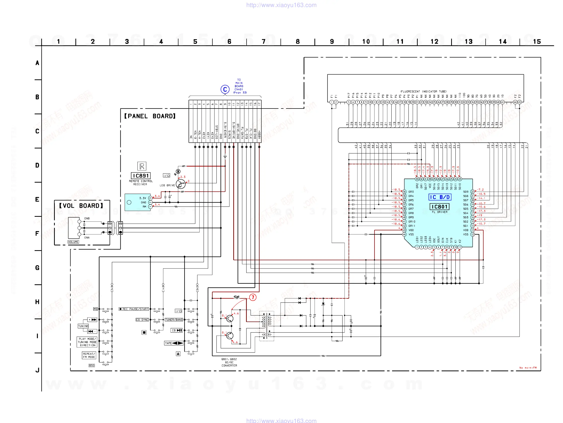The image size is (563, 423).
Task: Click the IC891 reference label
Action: [x=141, y=176]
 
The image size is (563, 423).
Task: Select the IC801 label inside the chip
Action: [x=439, y=207]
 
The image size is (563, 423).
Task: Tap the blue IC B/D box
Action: [x=440, y=197]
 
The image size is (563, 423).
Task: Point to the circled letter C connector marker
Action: [x=225, y=89]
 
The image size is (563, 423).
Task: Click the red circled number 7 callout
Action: [x=253, y=297]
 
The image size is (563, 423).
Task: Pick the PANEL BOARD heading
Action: [x=150, y=116]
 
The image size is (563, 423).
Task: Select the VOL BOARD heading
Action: [x=81, y=206]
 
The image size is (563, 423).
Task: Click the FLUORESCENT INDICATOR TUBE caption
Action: [x=424, y=92]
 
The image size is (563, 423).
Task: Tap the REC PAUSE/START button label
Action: [x=134, y=309]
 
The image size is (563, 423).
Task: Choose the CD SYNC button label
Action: [x=142, y=320]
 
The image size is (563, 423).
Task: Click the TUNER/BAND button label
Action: [x=174, y=320]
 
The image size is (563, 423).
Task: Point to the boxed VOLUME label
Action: [x=73, y=242]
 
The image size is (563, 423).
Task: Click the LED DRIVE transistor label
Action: [x=167, y=185]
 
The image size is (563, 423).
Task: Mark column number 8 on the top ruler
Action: [x=298, y=42]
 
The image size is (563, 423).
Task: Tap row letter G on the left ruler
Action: [x=37, y=268]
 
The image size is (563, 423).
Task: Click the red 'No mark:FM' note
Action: [x=528, y=368]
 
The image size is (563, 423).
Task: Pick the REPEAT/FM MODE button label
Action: [x=89, y=355]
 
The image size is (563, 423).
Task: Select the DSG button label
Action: [x=92, y=365]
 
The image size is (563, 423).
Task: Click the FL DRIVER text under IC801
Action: [x=440, y=212]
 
